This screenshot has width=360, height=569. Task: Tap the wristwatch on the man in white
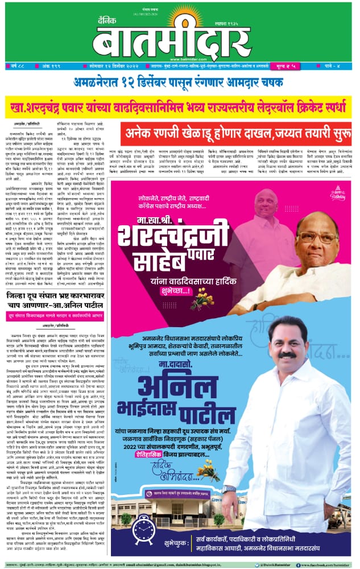(229, 488)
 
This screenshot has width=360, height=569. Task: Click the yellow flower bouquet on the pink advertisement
(202, 301)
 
